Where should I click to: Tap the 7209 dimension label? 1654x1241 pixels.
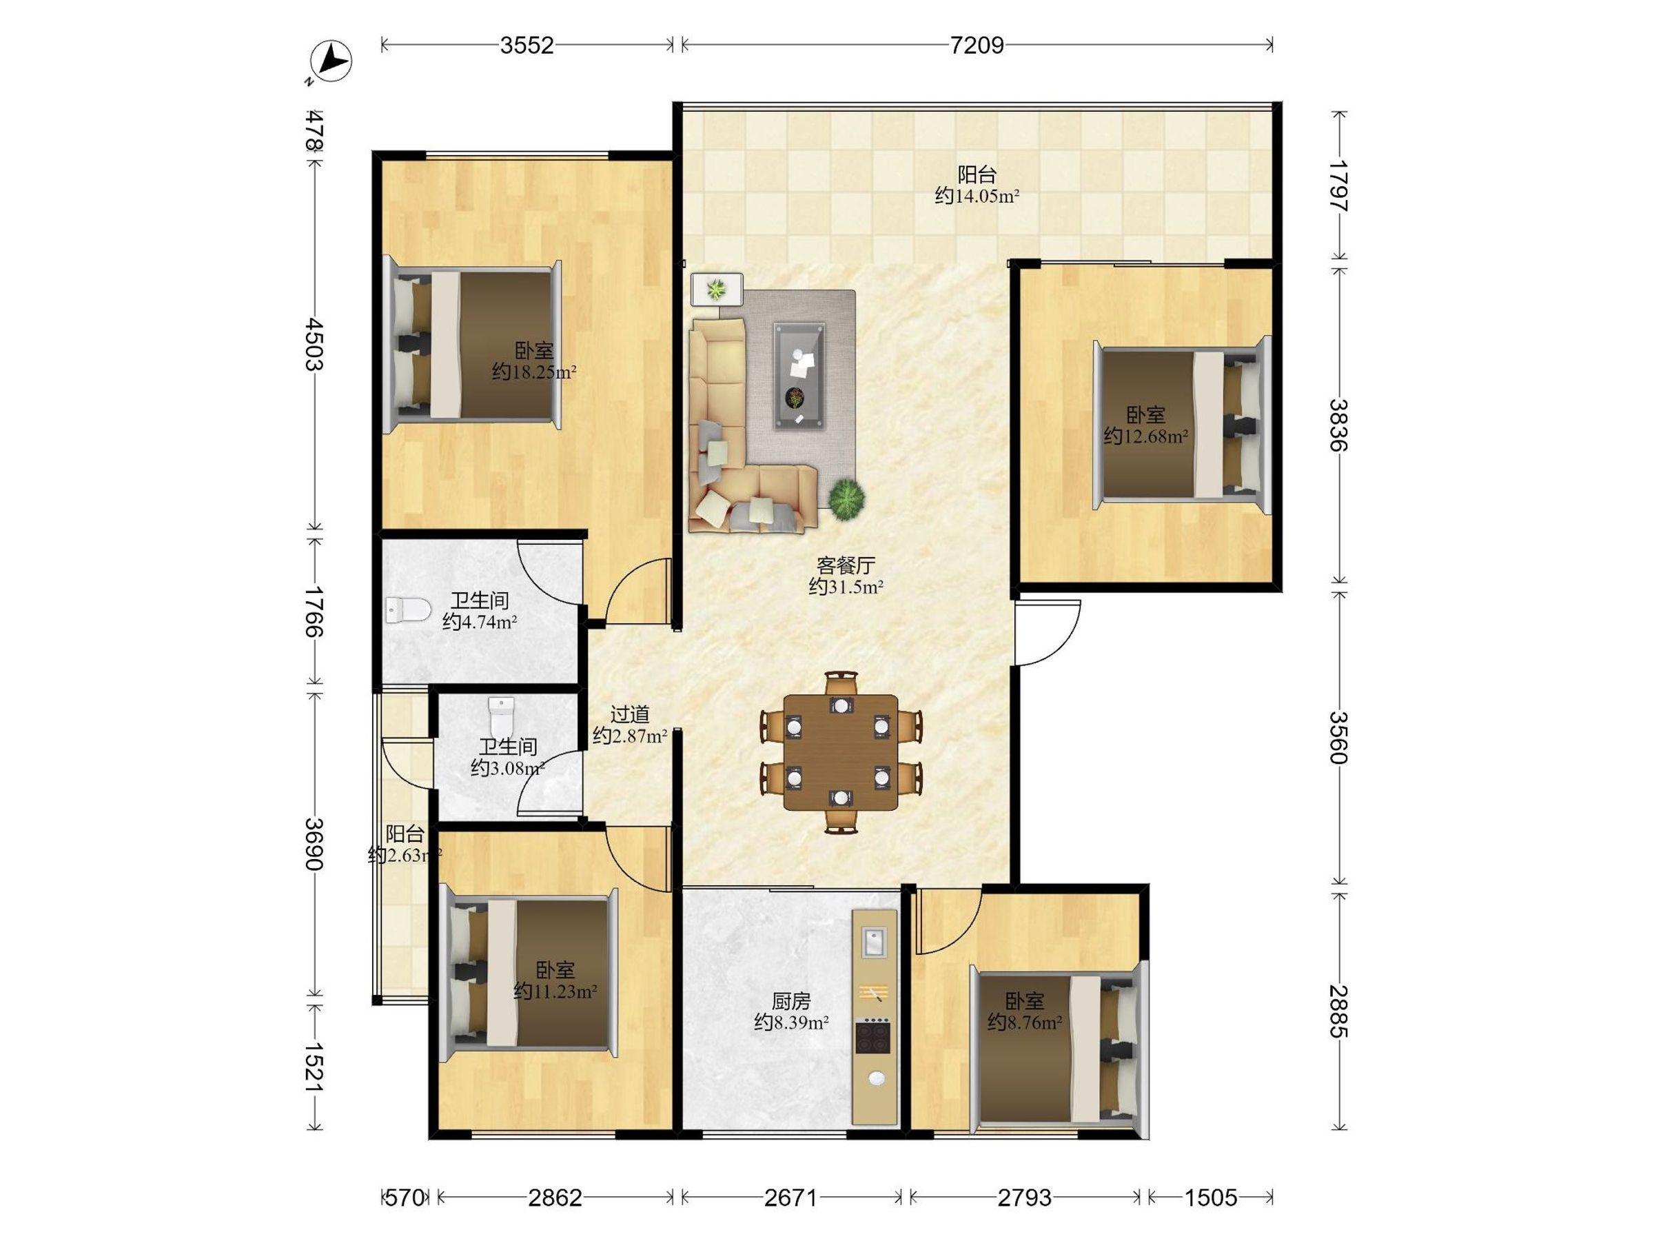(x=977, y=46)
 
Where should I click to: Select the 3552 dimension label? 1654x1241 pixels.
(x=527, y=46)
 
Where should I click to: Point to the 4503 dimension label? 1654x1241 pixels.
(x=314, y=344)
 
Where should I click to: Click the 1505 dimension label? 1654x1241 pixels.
(x=1211, y=1198)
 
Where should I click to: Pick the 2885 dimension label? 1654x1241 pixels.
(x=1338, y=1011)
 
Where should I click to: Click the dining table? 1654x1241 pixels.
(x=841, y=751)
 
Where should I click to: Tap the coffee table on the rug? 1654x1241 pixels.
(x=799, y=376)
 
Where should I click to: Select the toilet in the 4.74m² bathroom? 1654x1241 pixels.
(x=407, y=610)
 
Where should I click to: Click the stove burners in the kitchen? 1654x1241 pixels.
(x=873, y=1036)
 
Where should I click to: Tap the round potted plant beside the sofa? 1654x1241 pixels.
(x=846, y=500)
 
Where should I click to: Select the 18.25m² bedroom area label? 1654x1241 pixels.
(x=534, y=372)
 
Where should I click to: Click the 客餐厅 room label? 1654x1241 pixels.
(x=846, y=565)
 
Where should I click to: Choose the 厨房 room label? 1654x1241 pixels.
(x=791, y=1001)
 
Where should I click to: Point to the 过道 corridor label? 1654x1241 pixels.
(x=630, y=714)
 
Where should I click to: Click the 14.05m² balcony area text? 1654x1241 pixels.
(x=977, y=196)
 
